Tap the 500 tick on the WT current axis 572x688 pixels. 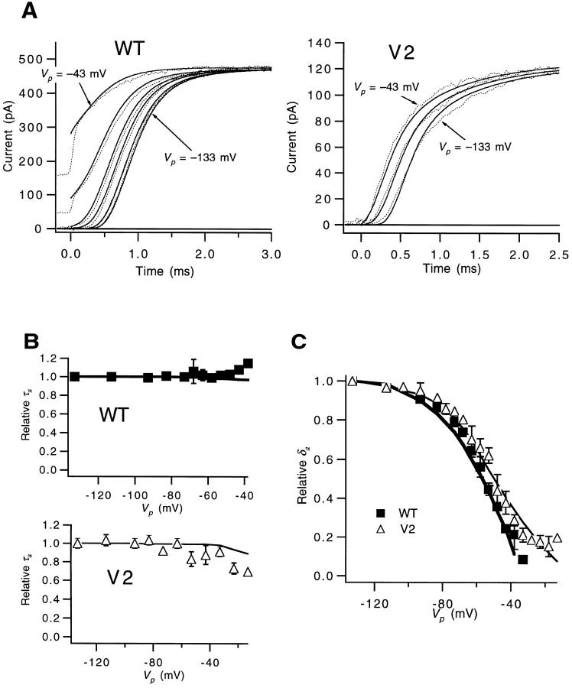[37, 59]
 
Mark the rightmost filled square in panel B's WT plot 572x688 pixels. [247, 363]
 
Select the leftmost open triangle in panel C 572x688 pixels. [353, 381]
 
